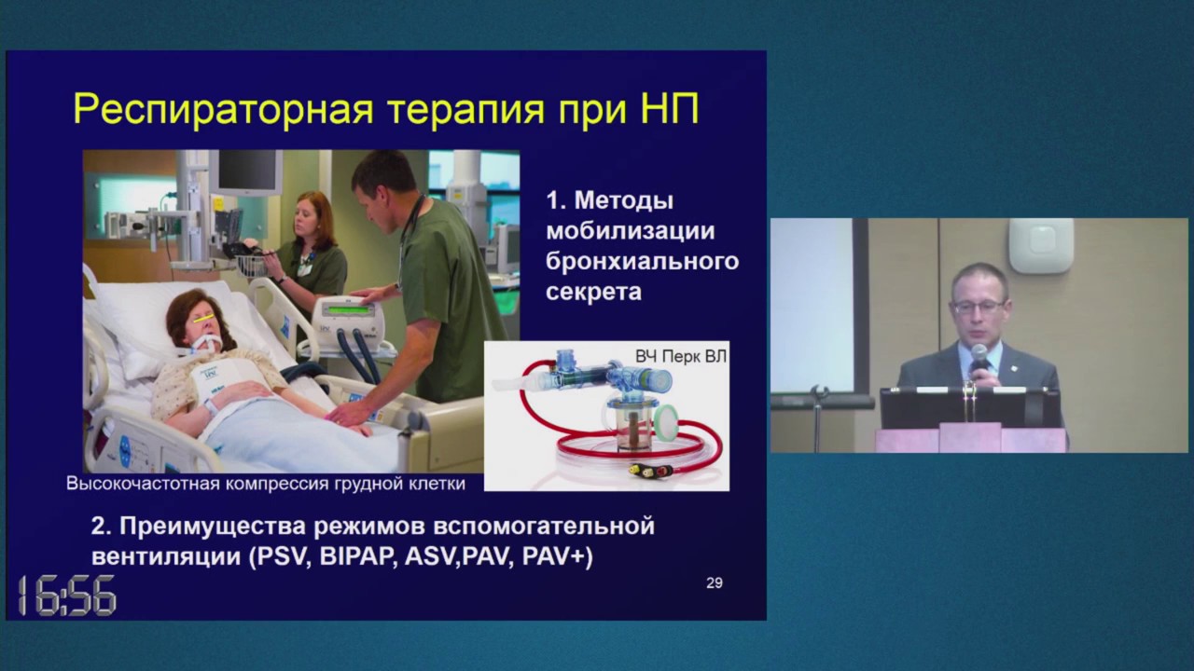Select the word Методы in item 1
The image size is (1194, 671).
623,200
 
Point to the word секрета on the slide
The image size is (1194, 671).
594,292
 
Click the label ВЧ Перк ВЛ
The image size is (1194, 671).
680,356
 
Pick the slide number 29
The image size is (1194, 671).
714,583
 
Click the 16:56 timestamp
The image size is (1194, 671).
67,596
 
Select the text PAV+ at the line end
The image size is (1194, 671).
557,557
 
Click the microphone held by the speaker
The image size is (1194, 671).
979,355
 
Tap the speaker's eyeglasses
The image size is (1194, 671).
979,306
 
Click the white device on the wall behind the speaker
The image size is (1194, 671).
1040,245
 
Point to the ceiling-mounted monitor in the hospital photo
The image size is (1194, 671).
244,172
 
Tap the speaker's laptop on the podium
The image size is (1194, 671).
970,407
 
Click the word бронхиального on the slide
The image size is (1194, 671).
642,261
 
